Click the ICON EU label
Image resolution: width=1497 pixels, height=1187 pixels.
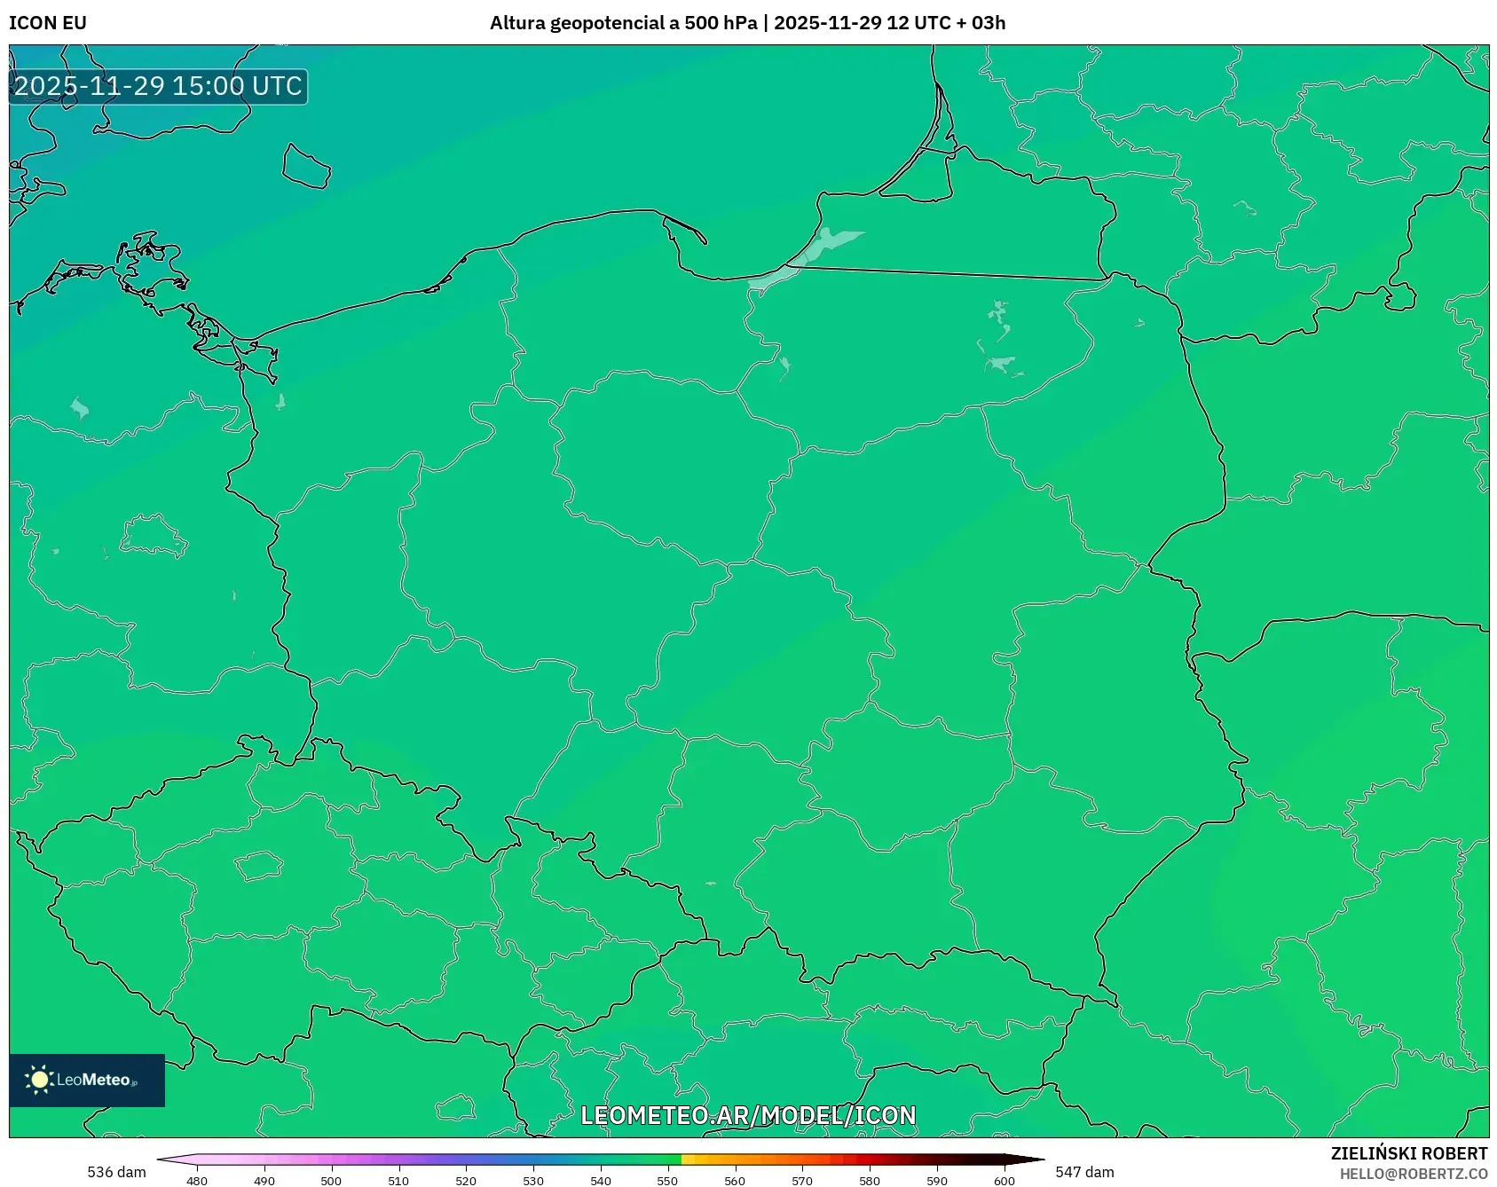click(x=48, y=23)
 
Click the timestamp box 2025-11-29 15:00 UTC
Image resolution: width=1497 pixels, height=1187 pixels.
click(x=158, y=86)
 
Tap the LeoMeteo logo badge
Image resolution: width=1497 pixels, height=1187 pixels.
click(x=87, y=1080)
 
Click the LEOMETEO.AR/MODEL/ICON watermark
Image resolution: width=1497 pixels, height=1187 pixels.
click(x=748, y=1115)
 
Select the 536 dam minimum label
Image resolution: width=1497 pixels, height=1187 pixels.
click(x=116, y=1172)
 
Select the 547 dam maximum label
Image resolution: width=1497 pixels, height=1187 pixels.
click(x=1084, y=1172)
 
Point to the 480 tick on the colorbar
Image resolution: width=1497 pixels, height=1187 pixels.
click(x=197, y=1180)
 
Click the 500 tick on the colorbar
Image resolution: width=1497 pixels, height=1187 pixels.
click(x=331, y=1180)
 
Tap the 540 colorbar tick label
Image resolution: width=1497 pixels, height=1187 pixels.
click(x=601, y=1180)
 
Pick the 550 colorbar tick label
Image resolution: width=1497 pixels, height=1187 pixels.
click(x=667, y=1180)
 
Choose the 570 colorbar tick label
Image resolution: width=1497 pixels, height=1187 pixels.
click(x=802, y=1180)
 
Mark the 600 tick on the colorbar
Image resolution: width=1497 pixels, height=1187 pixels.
click(x=1005, y=1180)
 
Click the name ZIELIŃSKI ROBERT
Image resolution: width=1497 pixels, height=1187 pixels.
click(x=1408, y=1153)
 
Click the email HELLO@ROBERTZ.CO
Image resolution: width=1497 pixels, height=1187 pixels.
click(x=1413, y=1174)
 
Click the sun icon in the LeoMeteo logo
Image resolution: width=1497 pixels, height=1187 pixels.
click(x=40, y=1080)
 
